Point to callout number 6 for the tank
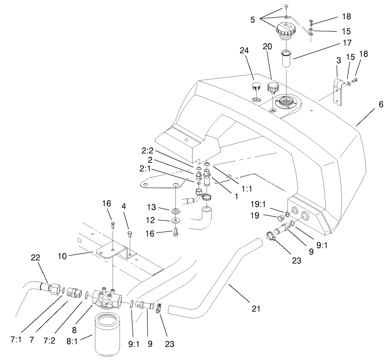pos(380,105)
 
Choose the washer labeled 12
pos(175,220)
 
